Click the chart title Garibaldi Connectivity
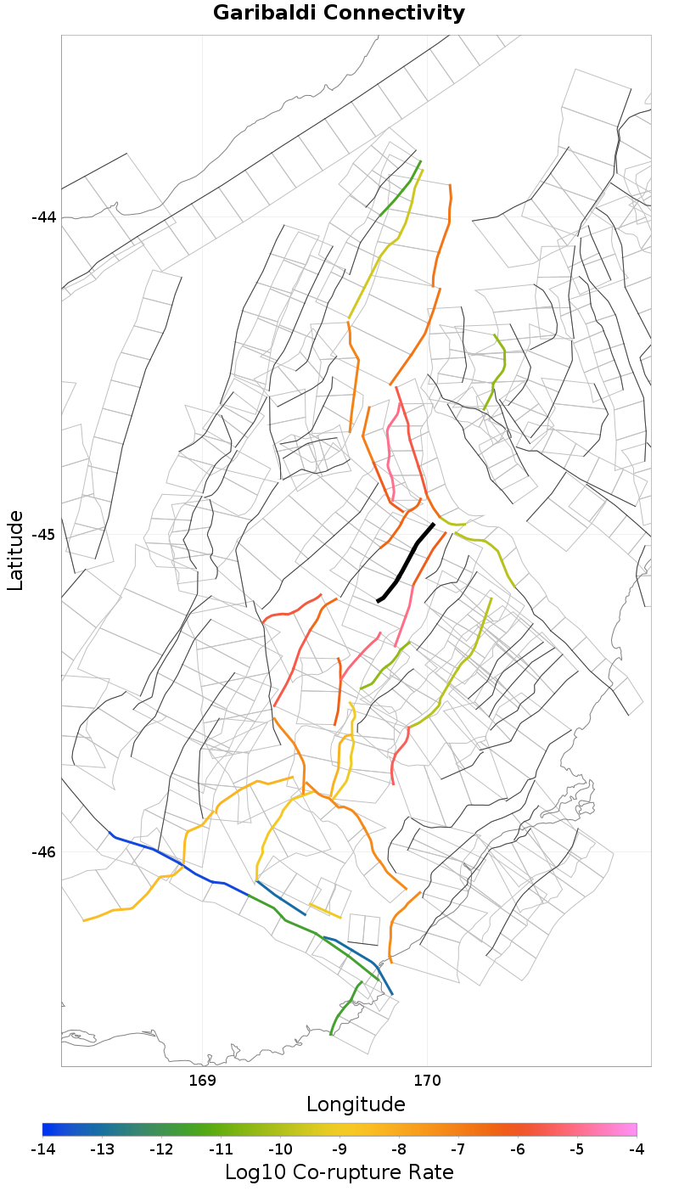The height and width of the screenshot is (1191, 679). pos(339,14)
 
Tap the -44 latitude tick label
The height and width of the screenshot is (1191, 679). pos(43,216)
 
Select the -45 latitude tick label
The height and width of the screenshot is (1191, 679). pos(43,534)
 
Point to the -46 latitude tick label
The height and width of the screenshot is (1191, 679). pos(43,851)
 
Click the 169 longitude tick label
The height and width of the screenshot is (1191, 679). pos(202,1081)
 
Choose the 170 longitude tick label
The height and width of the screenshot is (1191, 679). pos(426,1081)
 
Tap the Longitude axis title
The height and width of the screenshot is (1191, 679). pos(356,1104)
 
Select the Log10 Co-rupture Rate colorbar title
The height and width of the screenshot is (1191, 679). pos(339,1172)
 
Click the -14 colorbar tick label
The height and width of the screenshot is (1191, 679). pos(42,1149)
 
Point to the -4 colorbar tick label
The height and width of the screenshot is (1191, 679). pos(637,1149)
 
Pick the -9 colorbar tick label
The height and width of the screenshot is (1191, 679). pos(339,1149)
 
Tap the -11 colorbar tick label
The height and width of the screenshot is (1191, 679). pos(221,1149)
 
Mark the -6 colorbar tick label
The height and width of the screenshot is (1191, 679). pos(518,1149)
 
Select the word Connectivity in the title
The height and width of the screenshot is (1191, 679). pos(388,14)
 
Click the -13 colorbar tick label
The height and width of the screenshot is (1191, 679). pos(102,1149)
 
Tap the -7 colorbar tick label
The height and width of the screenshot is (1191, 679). pos(458,1149)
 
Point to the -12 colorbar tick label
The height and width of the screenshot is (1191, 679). pos(161,1149)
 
